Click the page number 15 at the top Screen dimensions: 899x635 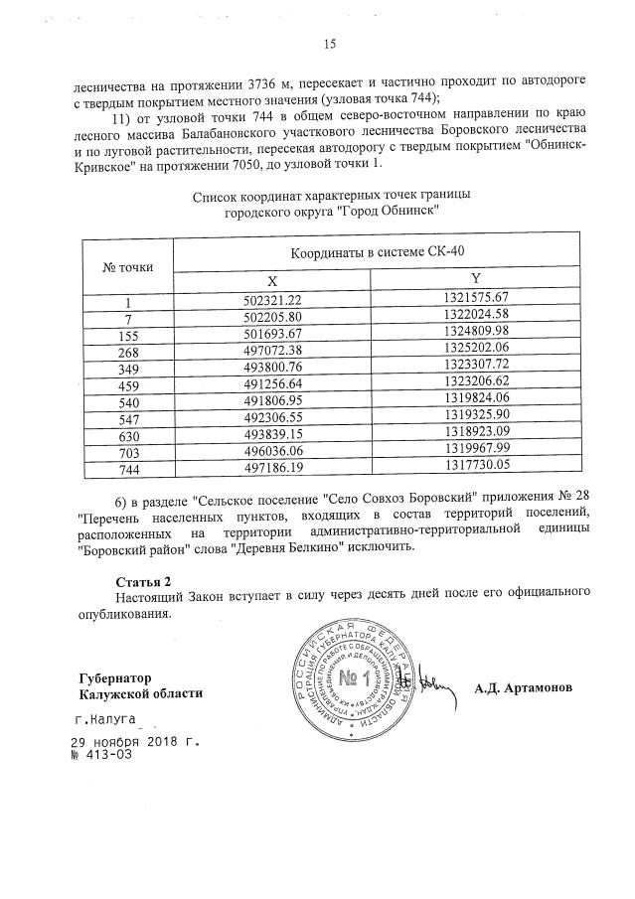coord(330,42)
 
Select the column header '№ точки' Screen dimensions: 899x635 coord(127,267)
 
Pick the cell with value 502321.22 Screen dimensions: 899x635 coord(272,299)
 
